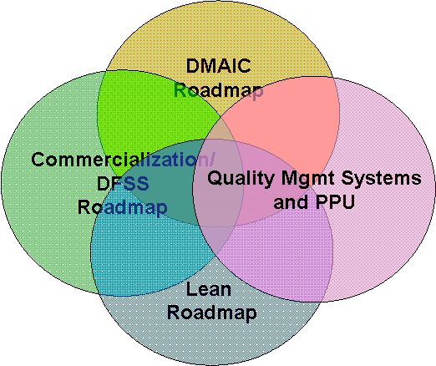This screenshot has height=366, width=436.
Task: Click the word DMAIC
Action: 219,66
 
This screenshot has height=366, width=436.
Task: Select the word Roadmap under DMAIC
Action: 219,89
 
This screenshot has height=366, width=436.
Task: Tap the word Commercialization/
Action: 122,160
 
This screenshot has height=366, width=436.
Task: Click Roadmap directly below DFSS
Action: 122,207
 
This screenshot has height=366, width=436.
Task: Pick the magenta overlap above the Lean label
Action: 284,251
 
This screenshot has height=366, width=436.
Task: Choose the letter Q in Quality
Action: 214,178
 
